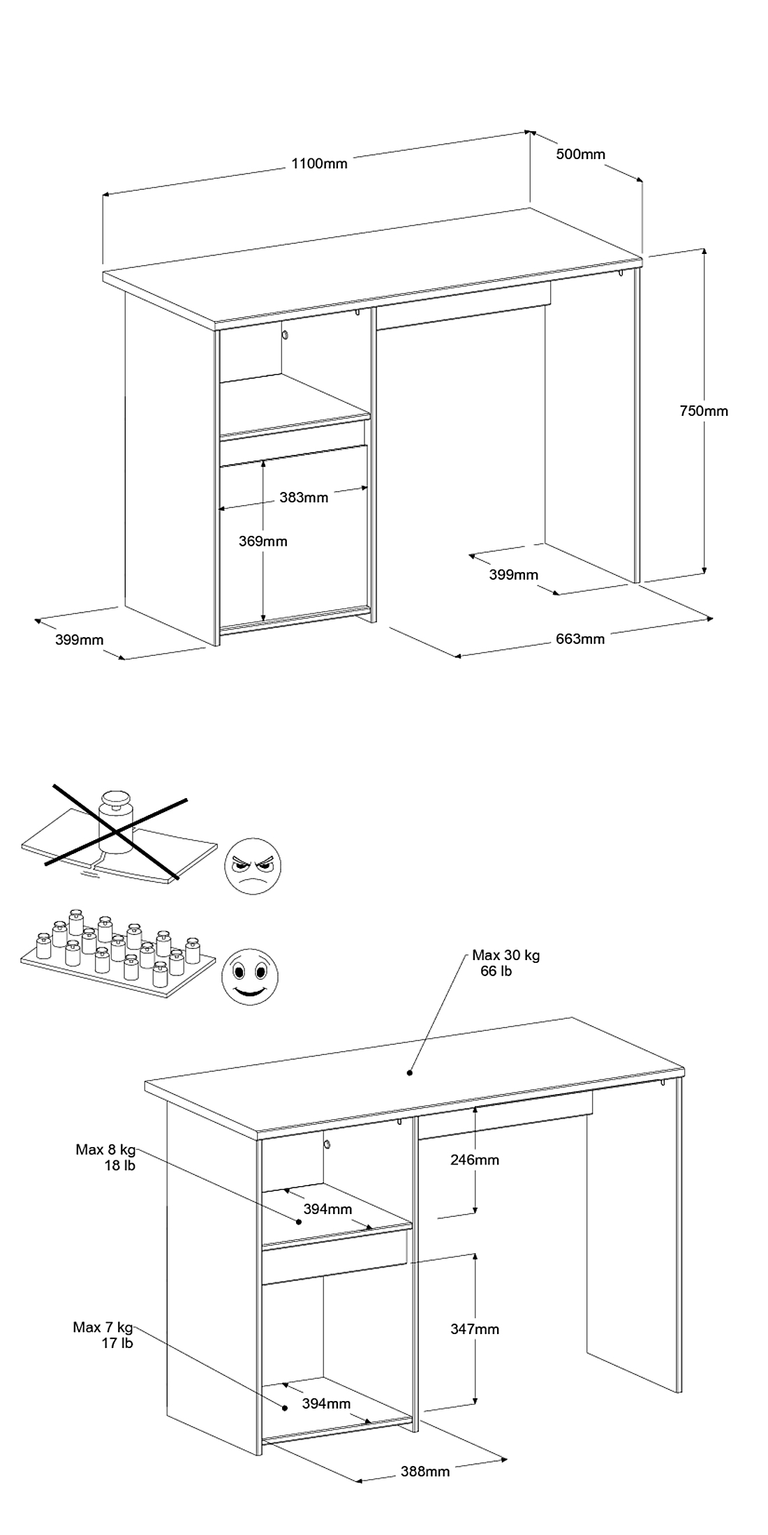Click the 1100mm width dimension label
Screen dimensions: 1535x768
pos(319,164)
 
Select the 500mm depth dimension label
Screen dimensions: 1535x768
pos(580,154)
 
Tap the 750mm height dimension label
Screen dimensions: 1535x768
pos(704,411)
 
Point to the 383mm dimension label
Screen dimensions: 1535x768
pos(304,497)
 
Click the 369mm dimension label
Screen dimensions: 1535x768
pos(263,541)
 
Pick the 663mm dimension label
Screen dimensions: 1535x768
pos(580,639)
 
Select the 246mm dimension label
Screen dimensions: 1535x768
pos(475,1160)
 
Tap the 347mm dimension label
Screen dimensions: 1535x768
pos(475,1329)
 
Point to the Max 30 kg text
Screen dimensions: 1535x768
pos(505,955)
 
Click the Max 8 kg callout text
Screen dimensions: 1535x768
pos(105,1149)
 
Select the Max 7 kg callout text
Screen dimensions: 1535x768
pos(103,1327)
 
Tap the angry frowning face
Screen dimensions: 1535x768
pos(253,867)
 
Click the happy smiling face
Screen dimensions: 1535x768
pos(249,976)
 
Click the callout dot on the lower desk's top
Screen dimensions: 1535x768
pos(410,1072)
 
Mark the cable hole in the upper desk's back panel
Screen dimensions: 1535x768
pos(286,336)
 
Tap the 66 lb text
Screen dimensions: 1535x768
pos(496,971)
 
